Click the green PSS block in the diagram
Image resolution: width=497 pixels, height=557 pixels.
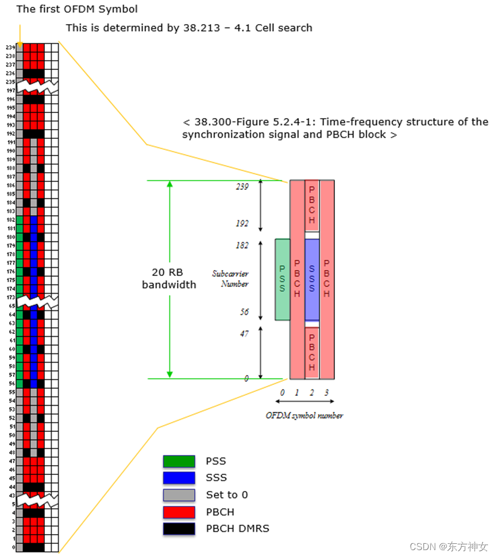click(282, 279)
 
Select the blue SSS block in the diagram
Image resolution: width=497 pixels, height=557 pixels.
click(312, 279)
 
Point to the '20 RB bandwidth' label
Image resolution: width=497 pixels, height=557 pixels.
click(169, 279)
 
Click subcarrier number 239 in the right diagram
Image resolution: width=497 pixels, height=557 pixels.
click(242, 187)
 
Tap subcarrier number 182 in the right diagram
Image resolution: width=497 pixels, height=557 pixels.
click(242, 246)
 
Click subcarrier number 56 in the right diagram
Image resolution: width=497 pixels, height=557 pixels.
click(244, 312)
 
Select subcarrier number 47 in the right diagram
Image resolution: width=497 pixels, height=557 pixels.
click(244, 333)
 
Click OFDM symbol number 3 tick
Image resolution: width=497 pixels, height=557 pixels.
click(327, 392)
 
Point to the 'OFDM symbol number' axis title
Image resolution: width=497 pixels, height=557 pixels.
click(304, 415)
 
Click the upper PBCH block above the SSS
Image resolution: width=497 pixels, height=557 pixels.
click(312, 205)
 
